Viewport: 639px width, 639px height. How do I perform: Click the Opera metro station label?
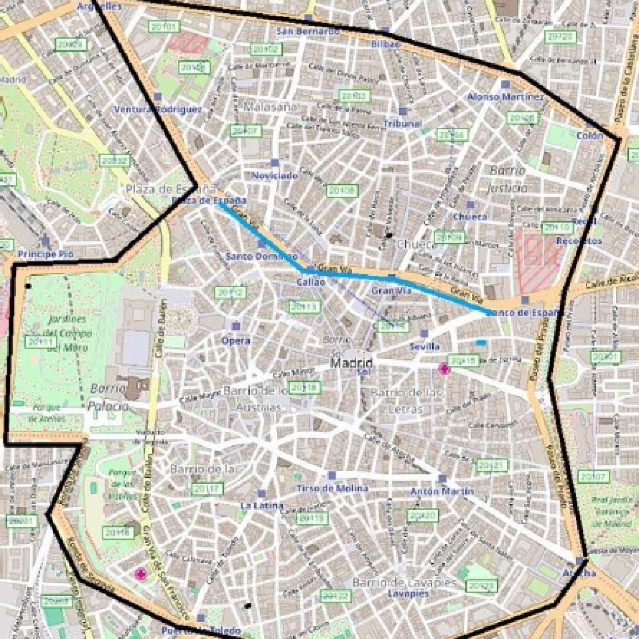[236, 340]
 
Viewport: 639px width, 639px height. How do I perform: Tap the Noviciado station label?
[275, 176]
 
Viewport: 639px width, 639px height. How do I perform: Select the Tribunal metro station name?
[402, 124]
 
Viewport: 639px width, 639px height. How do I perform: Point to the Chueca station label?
[470, 216]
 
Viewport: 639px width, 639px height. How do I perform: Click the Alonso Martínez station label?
[505, 97]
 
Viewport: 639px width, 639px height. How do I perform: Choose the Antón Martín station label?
[442, 491]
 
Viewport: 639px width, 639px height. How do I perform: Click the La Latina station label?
[262, 506]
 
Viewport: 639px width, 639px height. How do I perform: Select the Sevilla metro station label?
[424, 346]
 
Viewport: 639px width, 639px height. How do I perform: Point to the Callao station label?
[311, 282]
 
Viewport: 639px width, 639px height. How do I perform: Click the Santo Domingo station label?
[261, 257]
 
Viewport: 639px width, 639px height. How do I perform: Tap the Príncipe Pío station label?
[46, 254]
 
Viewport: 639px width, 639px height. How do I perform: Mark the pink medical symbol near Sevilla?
[444, 369]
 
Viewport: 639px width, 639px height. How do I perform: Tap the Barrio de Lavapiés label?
[405, 583]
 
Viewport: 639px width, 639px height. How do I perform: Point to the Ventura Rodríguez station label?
[157, 109]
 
